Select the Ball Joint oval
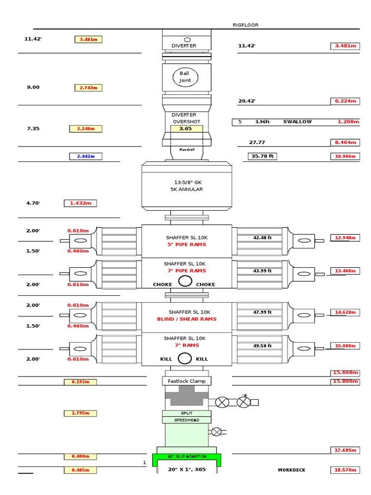(x=185, y=77)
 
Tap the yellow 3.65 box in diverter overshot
(x=186, y=129)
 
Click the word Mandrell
(x=186, y=150)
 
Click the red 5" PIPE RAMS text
(x=186, y=245)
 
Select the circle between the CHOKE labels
(x=185, y=281)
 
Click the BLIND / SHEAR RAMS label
(x=186, y=319)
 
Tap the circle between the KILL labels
(x=185, y=359)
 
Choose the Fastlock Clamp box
(x=186, y=381)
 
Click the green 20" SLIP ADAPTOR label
(x=186, y=456)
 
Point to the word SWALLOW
(x=298, y=122)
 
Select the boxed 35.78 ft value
(x=262, y=156)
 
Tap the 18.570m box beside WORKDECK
(x=345, y=470)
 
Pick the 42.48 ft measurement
(x=262, y=237)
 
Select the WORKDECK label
(x=291, y=470)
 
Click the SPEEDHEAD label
(x=186, y=420)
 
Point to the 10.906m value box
(x=345, y=156)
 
